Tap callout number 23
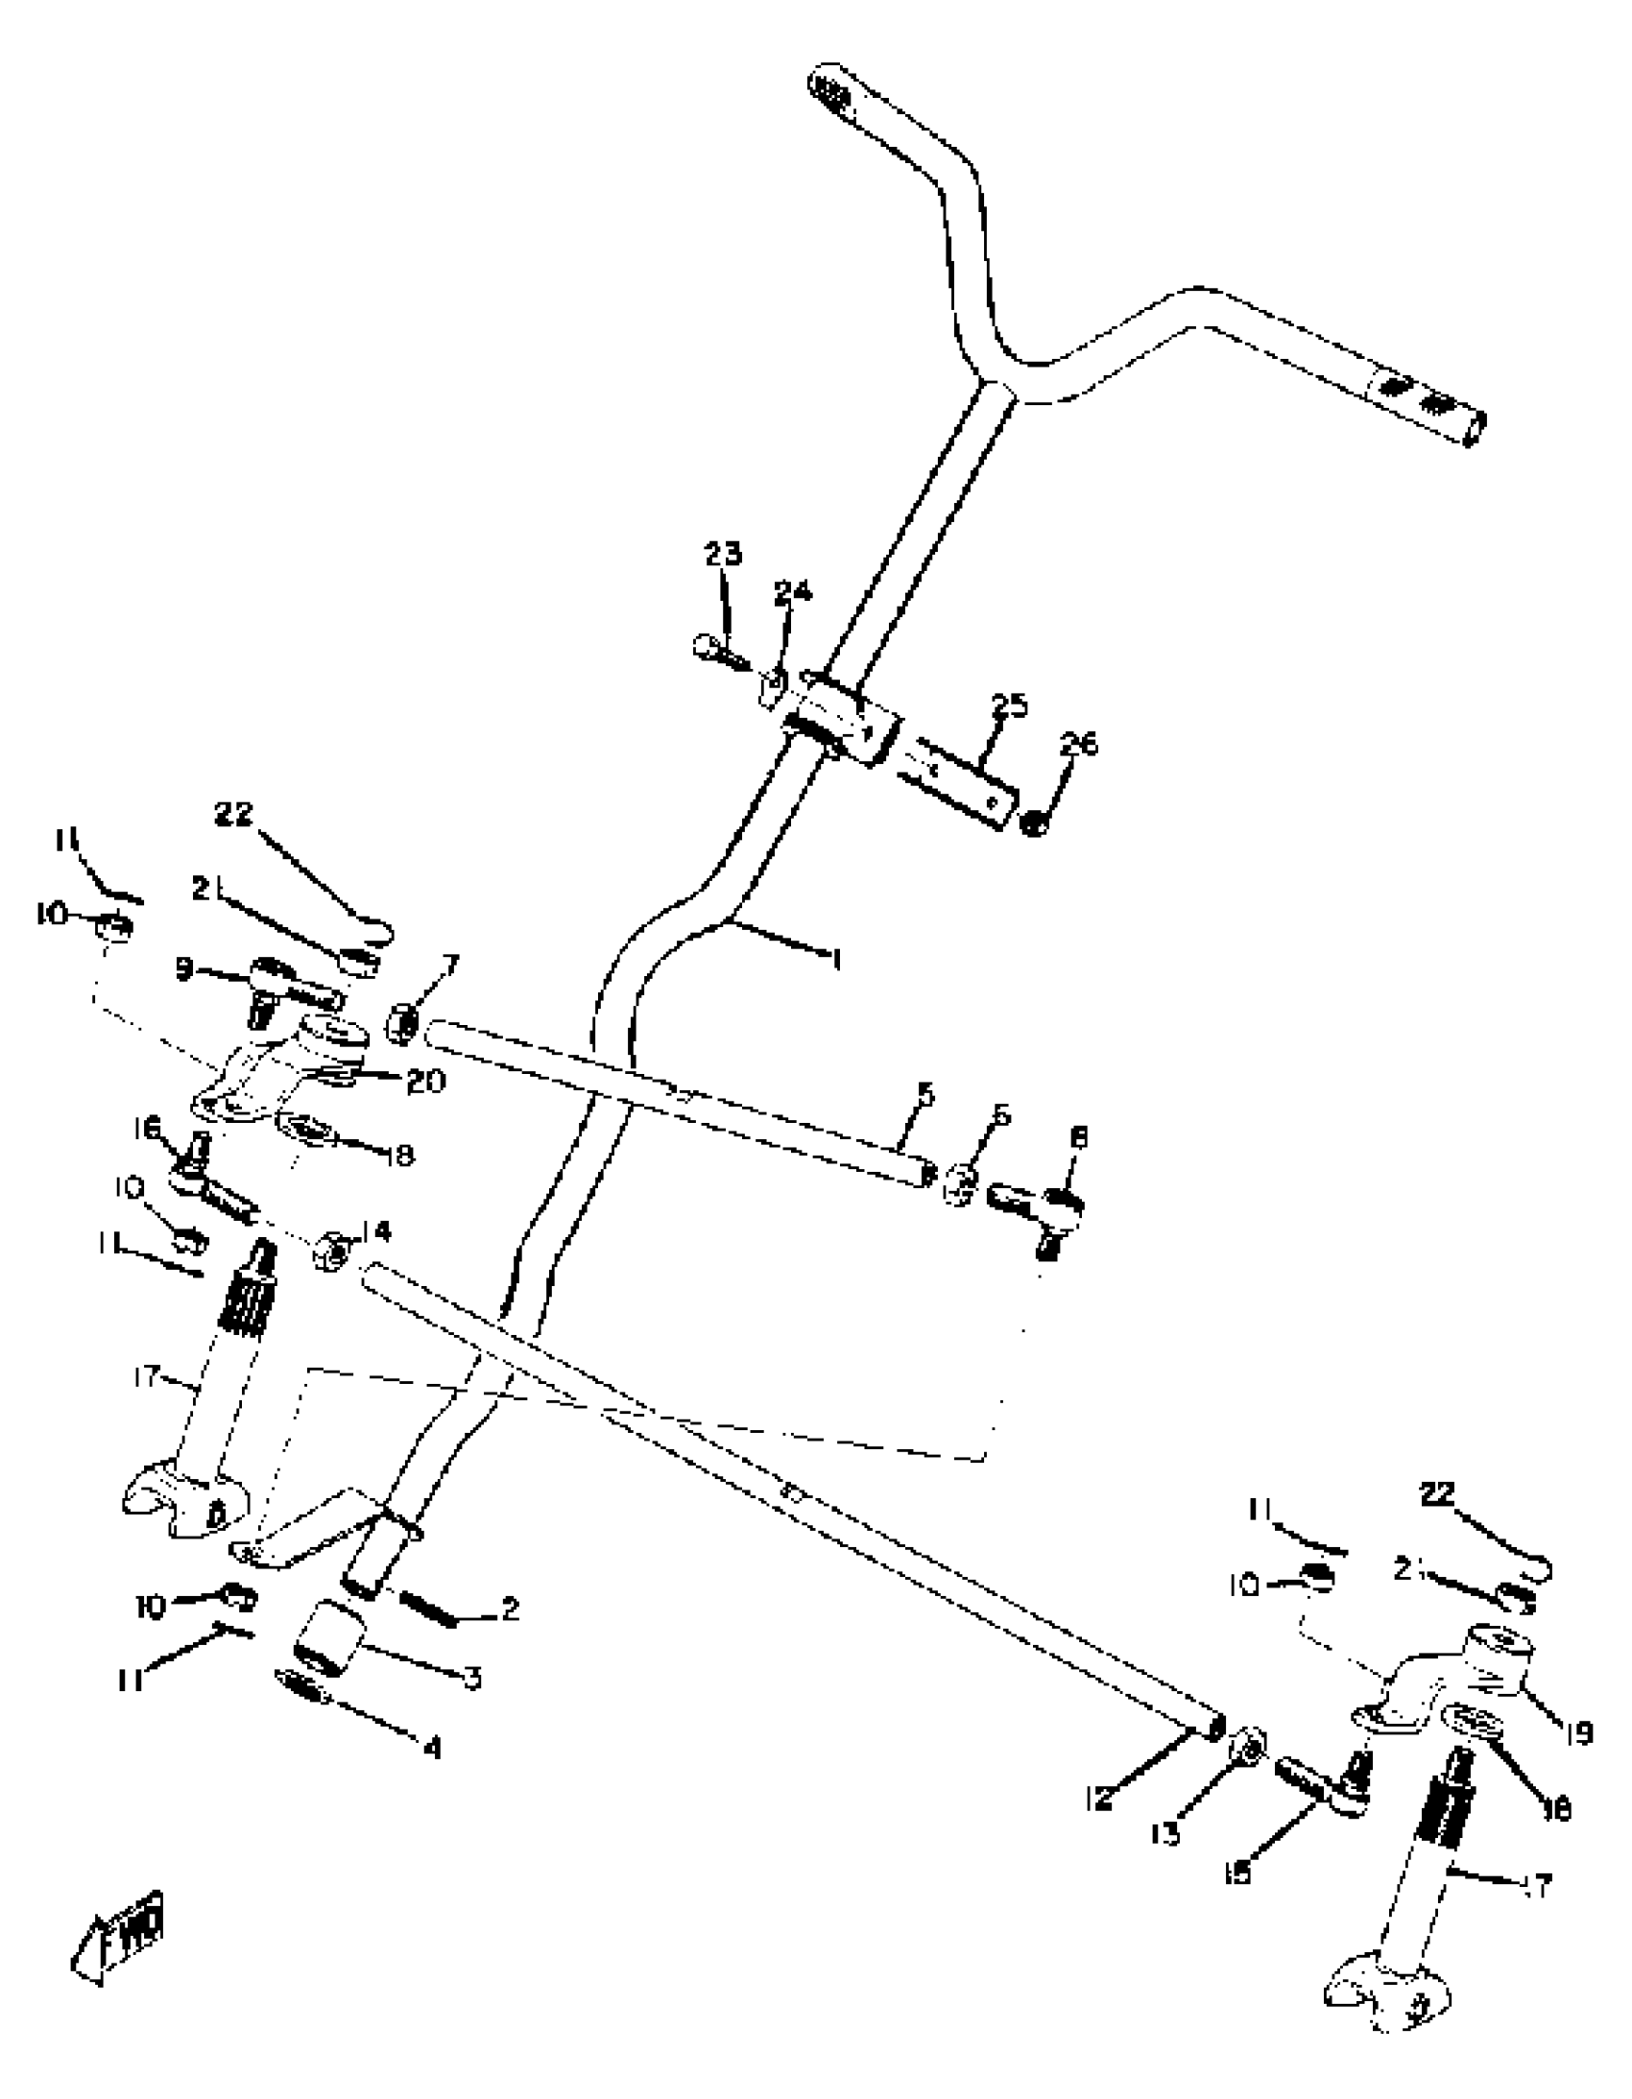coord(723,555)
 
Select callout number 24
coord(792,592)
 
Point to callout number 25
coord(1009,706)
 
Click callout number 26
coord(1078,744)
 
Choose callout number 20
coord(426,1082)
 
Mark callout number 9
coord(184,969)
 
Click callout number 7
coord(450,964)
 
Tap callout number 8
coord(1078,1138)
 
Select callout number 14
coord(377,1231)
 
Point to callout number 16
coord(149,1129)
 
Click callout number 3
coord(472,1678)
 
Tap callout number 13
coord(1164,1835)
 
